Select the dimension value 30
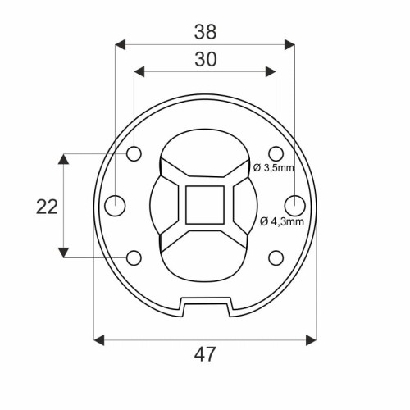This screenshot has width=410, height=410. point(205,59)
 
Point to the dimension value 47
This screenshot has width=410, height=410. point(205,354)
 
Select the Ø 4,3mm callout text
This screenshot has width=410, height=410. point(281,221)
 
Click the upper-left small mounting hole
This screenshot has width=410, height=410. point(134,153)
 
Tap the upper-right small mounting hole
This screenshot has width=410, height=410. point(276,153)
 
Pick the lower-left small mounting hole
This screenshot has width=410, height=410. point(134,257)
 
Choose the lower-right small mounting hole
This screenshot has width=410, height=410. point(276,257)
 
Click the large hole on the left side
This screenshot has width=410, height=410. point(116,204)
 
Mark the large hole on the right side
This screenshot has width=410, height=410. point(294,204)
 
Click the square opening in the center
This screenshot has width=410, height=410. point(205,205)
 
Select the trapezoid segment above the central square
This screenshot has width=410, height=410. point(205,172)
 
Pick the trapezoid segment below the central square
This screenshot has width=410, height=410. point(205,238)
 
